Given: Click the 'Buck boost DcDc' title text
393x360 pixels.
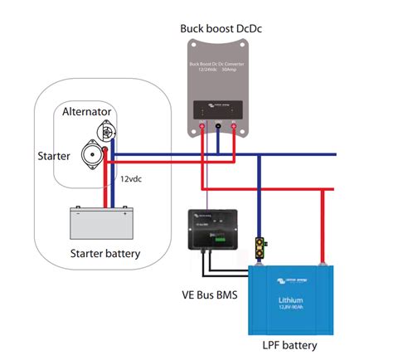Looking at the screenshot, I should [217, 29].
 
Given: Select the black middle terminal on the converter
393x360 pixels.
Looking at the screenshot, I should [217, 127].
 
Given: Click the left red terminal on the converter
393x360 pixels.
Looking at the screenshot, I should [201, 127].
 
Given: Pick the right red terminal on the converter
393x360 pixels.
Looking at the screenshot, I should [234, 127].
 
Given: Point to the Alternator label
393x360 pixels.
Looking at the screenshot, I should [88, 111].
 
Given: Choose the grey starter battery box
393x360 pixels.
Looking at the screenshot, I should [102, 222].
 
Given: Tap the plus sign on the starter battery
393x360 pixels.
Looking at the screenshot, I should [125, 212].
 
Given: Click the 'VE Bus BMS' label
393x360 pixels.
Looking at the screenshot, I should [210, 294].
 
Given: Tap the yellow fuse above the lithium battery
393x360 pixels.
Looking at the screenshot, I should [261, 246].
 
